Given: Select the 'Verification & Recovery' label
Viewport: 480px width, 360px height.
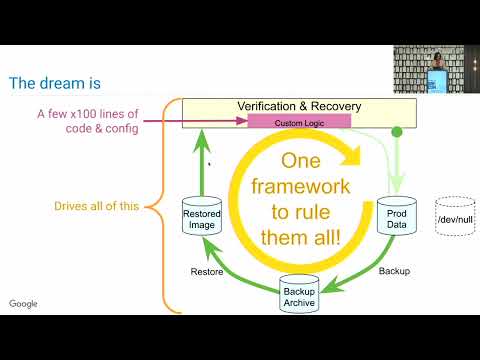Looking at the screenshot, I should coord(299,106).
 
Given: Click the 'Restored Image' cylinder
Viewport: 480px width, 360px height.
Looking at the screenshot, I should coord(201,216).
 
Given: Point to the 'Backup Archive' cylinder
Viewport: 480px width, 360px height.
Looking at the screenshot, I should coord(298,293).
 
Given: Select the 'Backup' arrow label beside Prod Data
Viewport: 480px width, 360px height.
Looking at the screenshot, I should coord(394,271).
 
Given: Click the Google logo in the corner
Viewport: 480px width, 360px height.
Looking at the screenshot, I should coord(24,303).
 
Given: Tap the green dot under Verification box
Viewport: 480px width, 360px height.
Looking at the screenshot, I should coord(396,131).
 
